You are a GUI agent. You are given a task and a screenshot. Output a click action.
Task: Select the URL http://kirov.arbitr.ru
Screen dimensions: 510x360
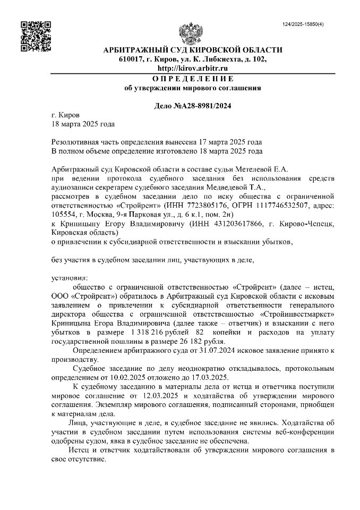coord(192,68)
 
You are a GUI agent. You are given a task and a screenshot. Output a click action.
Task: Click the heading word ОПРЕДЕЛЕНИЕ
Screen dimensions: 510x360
coord(192,78)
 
